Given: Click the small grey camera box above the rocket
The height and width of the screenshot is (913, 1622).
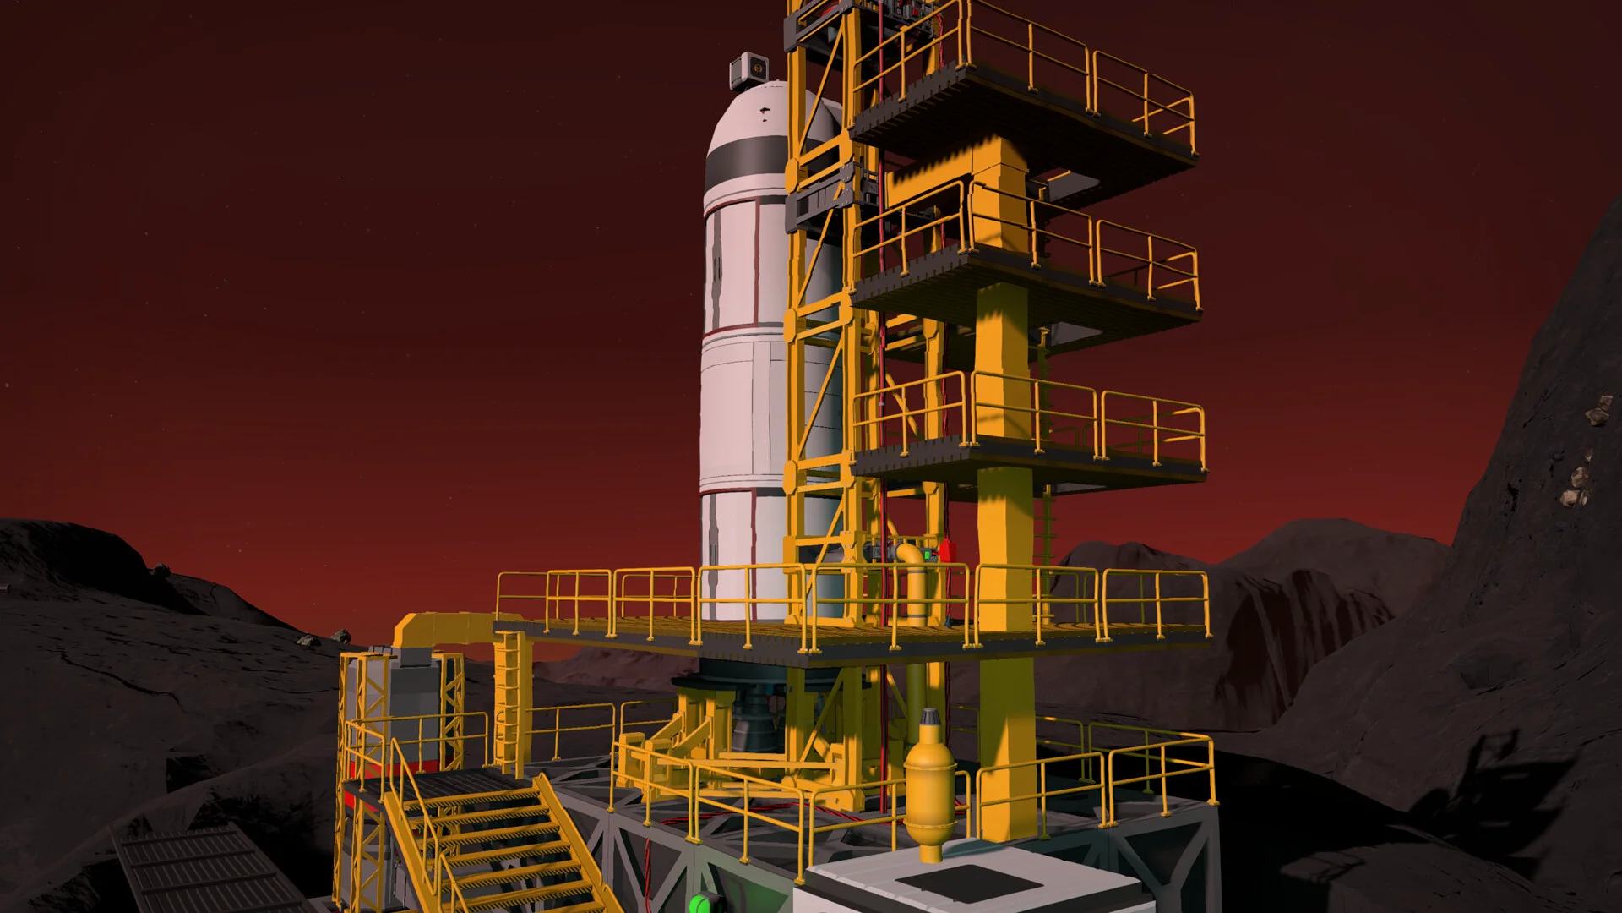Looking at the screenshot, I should pos(747,67).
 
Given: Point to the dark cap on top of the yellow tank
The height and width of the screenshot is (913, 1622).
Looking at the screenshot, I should pos(930,719).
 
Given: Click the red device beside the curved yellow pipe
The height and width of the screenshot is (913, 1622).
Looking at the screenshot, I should pos(945,551).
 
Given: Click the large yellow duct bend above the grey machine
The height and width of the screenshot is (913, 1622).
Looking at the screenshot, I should pos(422,630).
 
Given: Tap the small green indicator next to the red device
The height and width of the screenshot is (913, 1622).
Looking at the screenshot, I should pos(928,555).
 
